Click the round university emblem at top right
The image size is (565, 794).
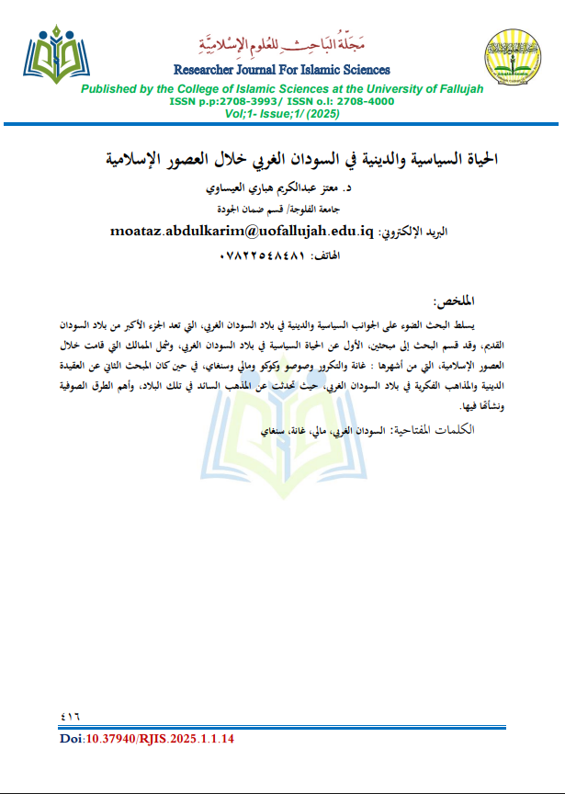pyautogui.click(x=510, y=59)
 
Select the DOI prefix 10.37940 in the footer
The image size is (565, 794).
pyautogui.click(x=107, y=737)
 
